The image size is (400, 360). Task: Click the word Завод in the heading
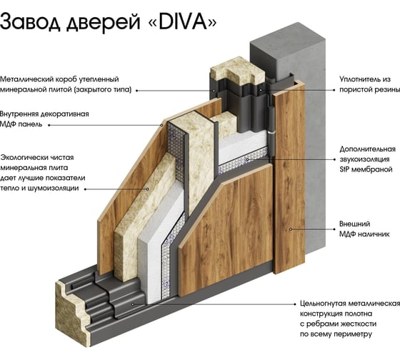[30, 21]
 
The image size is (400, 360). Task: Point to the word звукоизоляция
[364, 159]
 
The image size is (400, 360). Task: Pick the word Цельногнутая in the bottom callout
[322, 304]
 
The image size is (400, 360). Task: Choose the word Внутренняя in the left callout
[19, 114]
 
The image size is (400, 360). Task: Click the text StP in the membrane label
[344, 169]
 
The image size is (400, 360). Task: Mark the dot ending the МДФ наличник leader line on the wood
[291, 229]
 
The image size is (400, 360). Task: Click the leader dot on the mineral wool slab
[147, 189]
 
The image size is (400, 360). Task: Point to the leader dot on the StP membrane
[247, 159]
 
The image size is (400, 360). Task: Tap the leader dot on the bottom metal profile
[133, 304]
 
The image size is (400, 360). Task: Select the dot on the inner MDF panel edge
[161, 125]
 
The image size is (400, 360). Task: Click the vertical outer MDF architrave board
[289, 179]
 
